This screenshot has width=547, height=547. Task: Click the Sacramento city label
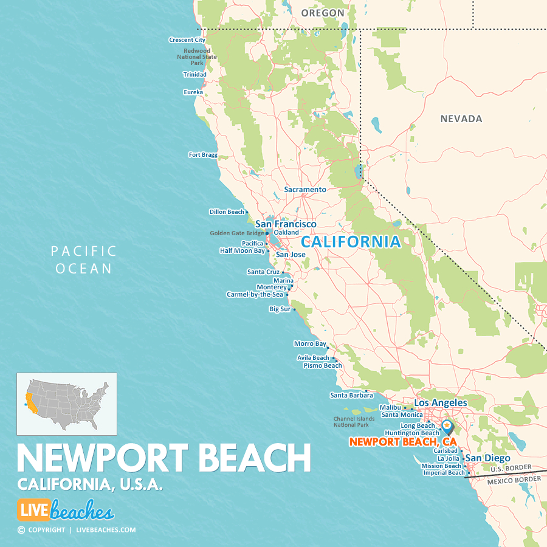(305, 190)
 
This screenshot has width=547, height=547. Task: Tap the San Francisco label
(286, 224)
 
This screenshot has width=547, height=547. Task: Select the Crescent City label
(187, 40)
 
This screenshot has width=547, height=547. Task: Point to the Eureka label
(193, 92)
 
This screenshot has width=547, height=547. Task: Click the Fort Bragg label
(203, 155)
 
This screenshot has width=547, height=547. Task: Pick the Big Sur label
(280, 309)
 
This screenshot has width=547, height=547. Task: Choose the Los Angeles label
(441, 403)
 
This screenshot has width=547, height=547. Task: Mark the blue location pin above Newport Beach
(447, 426)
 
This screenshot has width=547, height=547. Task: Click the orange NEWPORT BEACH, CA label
(402, 442)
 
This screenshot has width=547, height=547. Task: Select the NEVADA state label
(461, 119)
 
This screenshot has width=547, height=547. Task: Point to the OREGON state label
(323, 13)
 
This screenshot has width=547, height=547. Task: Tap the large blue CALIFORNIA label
(351, 242)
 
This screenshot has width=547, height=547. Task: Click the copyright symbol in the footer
(21, 530)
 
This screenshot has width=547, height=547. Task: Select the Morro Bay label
(310, 344)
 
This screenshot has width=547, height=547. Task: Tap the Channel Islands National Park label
(351, 422)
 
